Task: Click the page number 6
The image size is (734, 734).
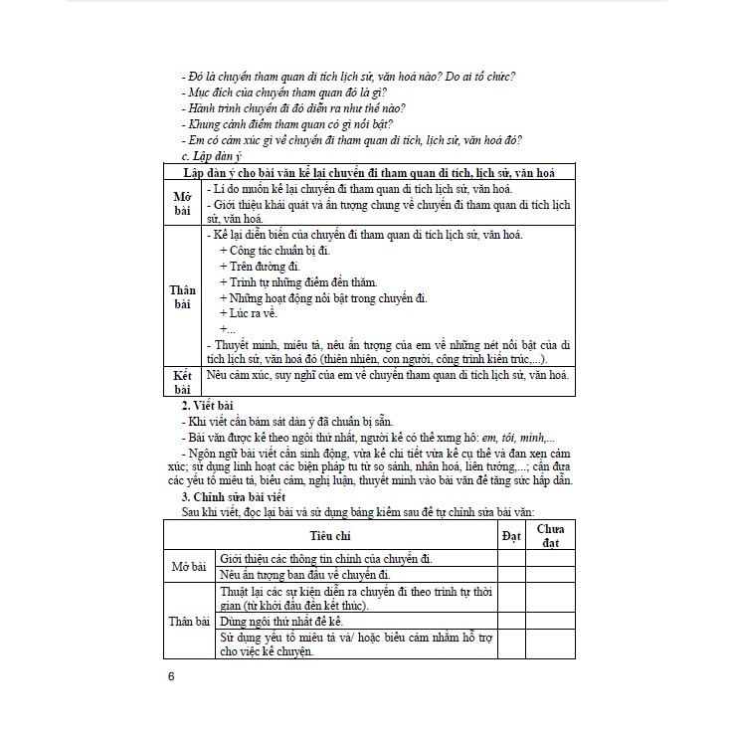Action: click(x=171, y=676)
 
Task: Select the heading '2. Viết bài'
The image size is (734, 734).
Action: click(x=207, y=405)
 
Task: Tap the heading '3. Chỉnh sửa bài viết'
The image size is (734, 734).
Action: click(x=234, y=495)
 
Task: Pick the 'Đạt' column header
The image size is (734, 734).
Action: click(x=511, y=535)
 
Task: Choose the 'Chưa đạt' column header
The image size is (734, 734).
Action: click(x=550, y=535)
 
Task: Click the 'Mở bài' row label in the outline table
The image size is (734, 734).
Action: click(x=182, y=203)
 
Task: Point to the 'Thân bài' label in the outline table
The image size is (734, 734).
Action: click(x=182, y=296)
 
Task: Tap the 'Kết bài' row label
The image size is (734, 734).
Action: click(x=182, y=382)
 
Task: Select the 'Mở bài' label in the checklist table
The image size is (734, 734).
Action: click(x=189, y=566)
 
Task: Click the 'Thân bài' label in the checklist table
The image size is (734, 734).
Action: click(x=189, y=621)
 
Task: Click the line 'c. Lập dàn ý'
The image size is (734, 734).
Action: click(x=212, y=156)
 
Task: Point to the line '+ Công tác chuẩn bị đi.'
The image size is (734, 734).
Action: click(x=274, y=251)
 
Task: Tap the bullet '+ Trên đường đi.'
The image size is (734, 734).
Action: click(x=259, y=267)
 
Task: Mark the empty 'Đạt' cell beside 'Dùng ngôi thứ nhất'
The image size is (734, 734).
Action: click(x=511, y=620)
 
